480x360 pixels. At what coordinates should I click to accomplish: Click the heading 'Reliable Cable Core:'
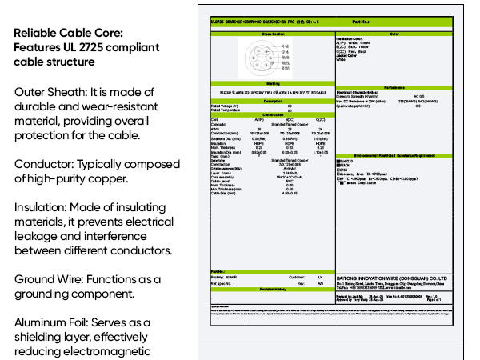(69, 33)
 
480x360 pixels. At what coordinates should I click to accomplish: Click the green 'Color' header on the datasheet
(394, 34)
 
